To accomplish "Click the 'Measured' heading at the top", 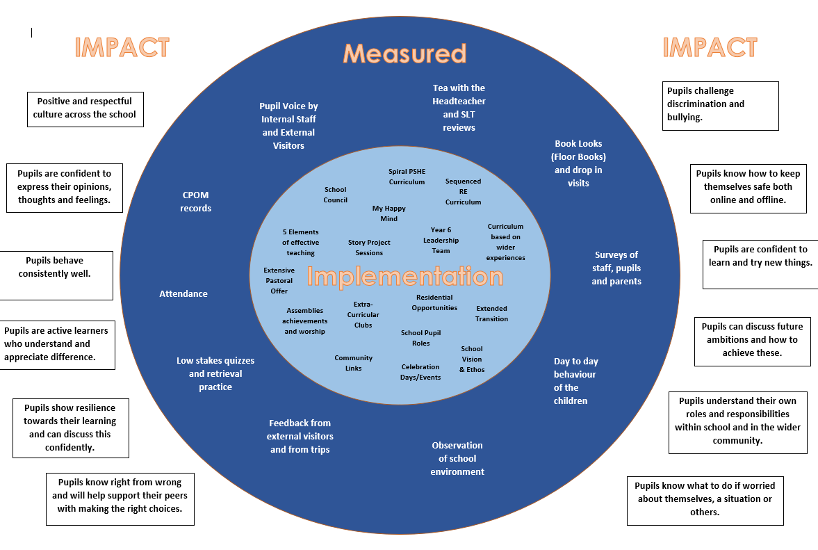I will click(404, 54).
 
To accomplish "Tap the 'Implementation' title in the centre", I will click(404, 277).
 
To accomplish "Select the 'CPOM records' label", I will click(195, 202).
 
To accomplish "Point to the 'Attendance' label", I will click(183, 294).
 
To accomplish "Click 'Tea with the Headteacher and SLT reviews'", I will click(459, 108).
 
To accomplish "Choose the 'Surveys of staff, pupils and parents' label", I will click(616, 268).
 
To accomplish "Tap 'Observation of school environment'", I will click(457, 459).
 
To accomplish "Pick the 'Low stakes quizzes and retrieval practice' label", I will click(215, 374).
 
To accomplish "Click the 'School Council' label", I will click(335, 195).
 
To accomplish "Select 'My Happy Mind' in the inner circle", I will click(388, 213).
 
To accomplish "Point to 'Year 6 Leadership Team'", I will click(441, 241).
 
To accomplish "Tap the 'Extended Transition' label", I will click(491, 314).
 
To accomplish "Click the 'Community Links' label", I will click(353, 363).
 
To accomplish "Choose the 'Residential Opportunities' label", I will click(434, 302).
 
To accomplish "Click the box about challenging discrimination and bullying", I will click(720, 106).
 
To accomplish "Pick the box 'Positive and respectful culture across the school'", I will click(85, 108).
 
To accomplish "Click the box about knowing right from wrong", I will click(120, 499).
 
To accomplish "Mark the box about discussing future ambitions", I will click(753, 340).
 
